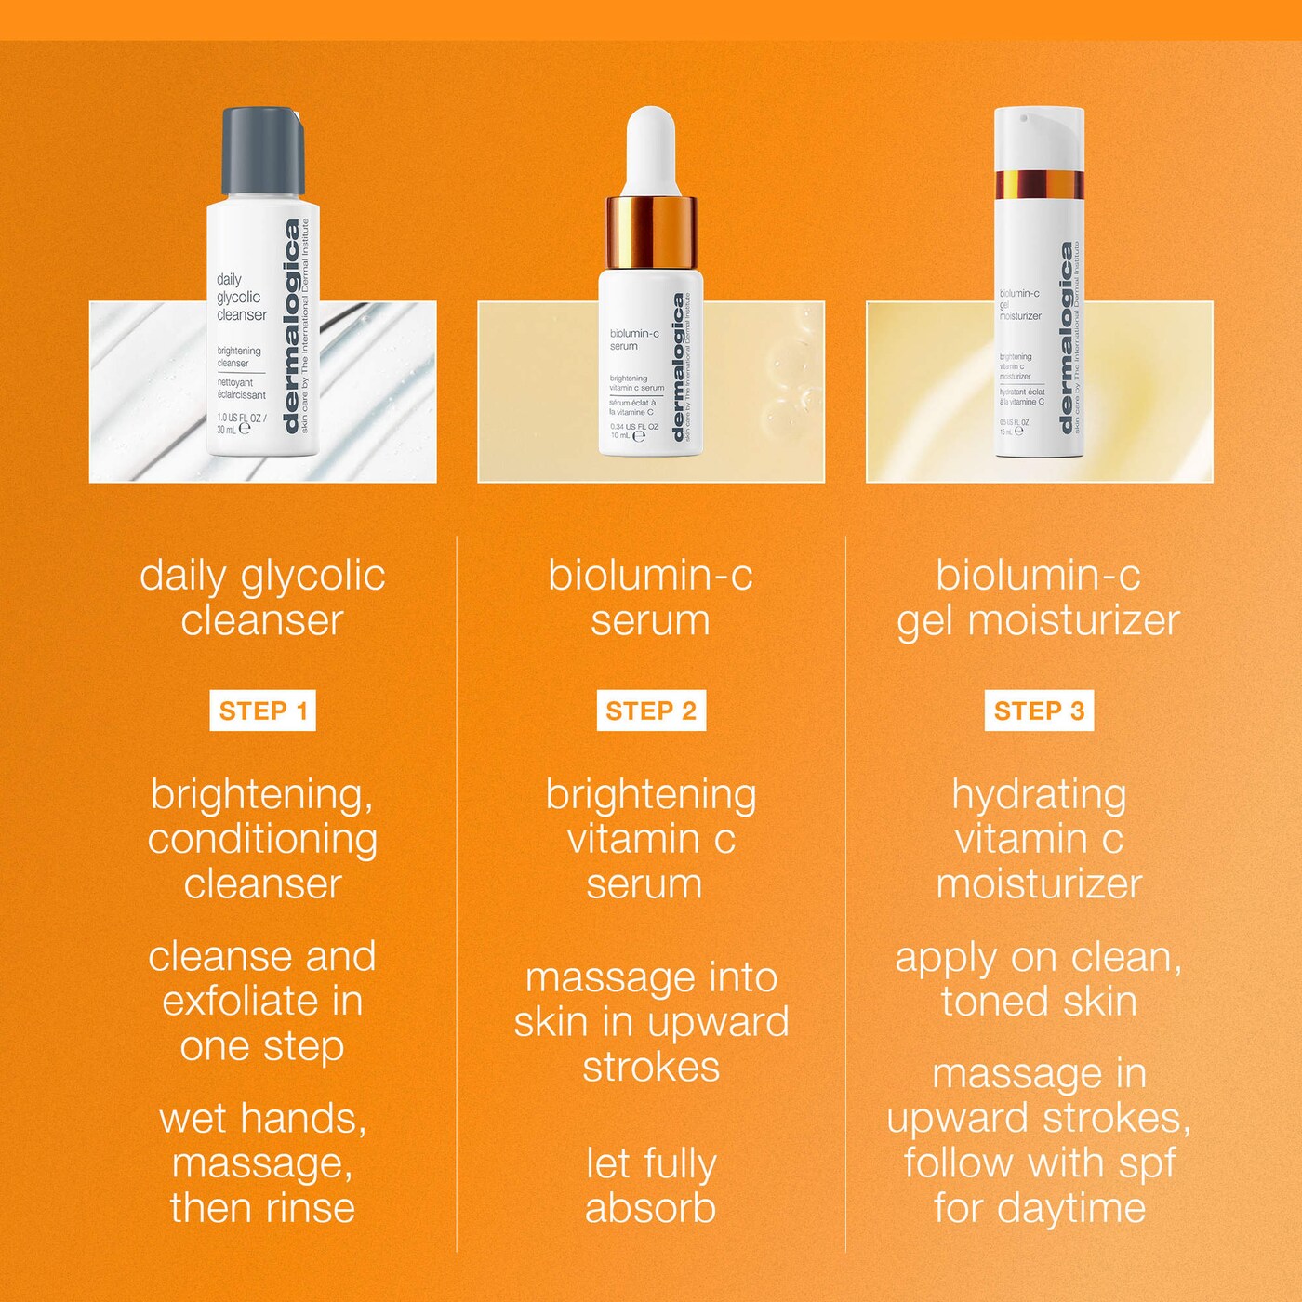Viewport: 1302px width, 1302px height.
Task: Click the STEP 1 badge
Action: tap(262, 711)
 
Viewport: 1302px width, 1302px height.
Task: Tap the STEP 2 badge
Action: tap(651, 711)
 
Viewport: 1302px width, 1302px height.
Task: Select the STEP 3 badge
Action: tap(1039, 711)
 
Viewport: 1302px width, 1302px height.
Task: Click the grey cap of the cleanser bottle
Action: tap(261, 150)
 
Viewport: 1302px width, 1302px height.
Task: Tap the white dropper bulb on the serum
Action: tap(649, 149)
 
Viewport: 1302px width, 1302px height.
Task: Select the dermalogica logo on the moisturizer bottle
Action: tap(1068, 339)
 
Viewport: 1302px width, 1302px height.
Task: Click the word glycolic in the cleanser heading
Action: tap(312, 577)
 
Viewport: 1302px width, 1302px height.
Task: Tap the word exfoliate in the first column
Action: tap(240, 1002)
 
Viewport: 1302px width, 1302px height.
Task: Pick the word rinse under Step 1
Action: tap(310, 1208)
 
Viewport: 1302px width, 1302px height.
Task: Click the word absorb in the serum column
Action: tap(650, 1208)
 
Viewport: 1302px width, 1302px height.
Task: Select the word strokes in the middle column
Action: tap(651, 1067)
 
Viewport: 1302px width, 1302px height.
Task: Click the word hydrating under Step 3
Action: tap(1039, 795)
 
